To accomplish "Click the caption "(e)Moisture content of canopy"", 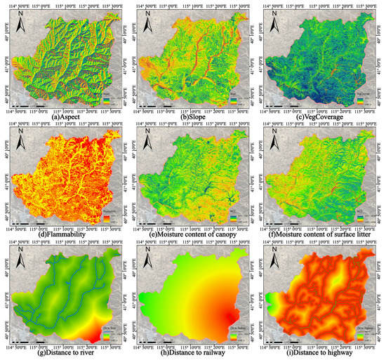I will [192, 232].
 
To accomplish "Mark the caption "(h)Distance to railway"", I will [192, 349].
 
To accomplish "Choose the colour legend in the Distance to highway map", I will [362, 333].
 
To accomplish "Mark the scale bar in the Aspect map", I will [28, 106].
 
